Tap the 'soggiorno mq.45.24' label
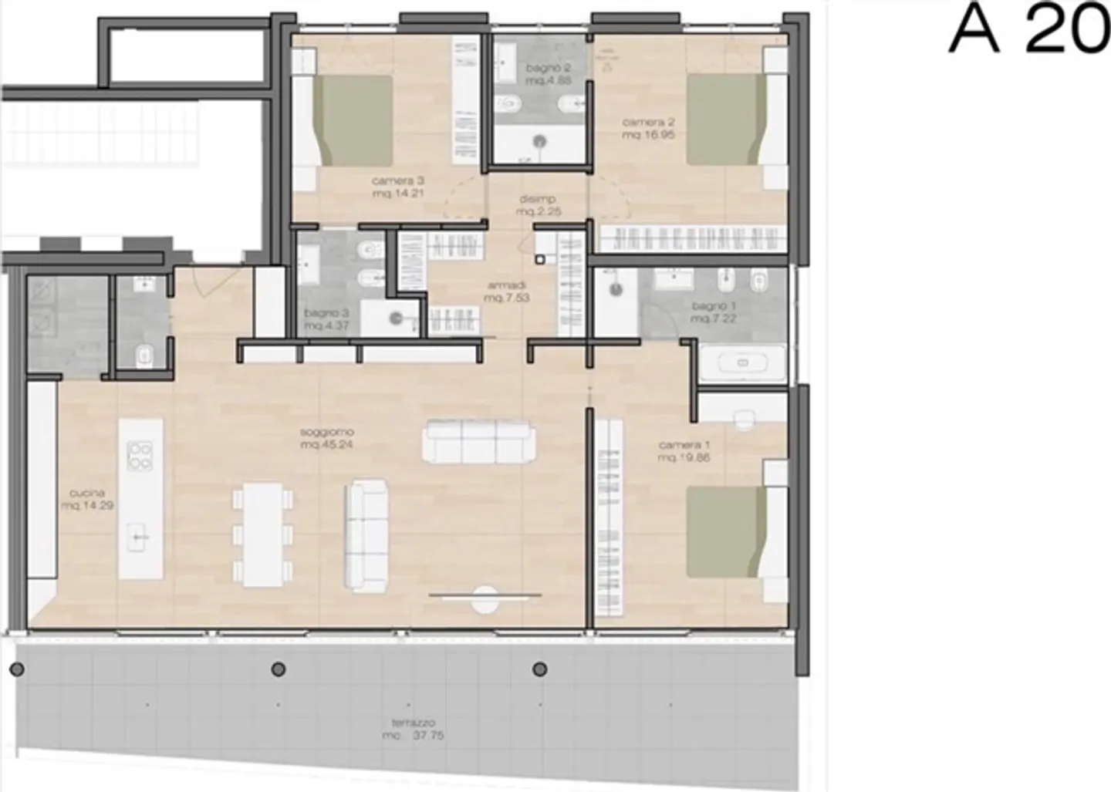click(327, 438)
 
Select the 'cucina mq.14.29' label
click(86, 499)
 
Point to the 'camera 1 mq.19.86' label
click(684, 451)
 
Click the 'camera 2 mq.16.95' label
click(648, 128)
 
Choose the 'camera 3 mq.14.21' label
click(398, 187)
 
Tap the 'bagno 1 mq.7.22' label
click(714, 312)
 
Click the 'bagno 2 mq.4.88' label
click(548, 74)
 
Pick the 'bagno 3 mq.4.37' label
click(327, 319)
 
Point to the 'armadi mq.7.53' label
click(506, 292)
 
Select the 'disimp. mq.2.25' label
click(538, 205)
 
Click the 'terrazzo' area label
click(417, 729)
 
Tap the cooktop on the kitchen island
click(140, 455)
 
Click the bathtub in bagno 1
click(742, 362)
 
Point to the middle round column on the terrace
click(279, 669)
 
